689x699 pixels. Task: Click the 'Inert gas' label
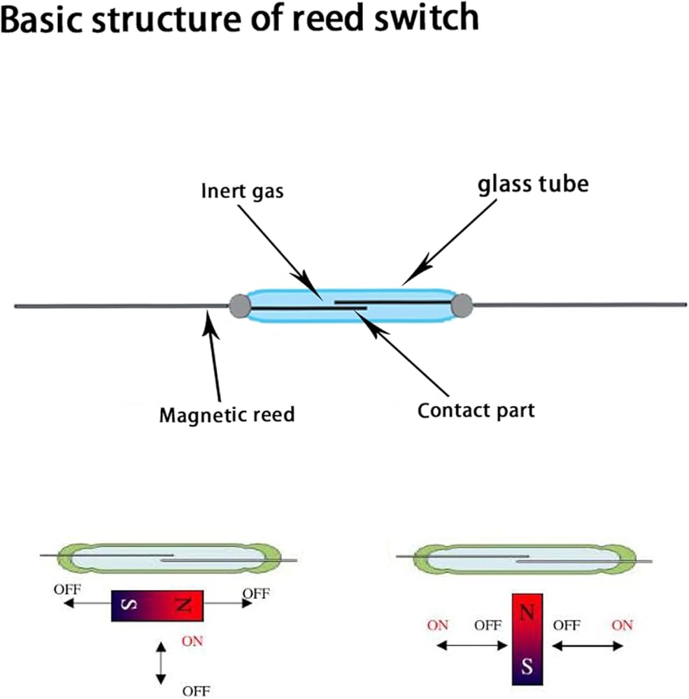[x=242, y=190]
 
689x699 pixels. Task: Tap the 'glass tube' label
[x=533, y=184]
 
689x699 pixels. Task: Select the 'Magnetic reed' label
[x=227, y=415]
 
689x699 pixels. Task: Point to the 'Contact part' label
[x=476, y=410]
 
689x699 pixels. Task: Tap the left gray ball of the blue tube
[x=240, y=305]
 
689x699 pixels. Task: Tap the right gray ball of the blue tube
[x=462, y=305]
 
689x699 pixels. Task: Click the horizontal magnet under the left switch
[x=157, y=605]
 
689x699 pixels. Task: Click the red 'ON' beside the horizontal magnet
[x=192, y=640]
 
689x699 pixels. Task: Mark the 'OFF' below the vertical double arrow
[x=196, y=691]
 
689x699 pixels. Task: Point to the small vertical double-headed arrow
[x=162, y=662]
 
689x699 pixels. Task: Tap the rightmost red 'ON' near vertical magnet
[x=621, y=625]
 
